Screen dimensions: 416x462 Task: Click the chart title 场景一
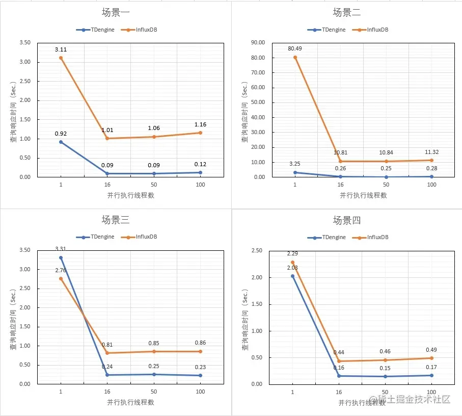coord(115,12)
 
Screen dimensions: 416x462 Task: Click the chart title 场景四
coord(347,220)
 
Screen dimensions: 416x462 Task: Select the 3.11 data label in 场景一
coord(61,49)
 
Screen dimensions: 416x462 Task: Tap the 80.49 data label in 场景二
coord(295,49)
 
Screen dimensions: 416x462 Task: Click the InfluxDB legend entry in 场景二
coord(378,30)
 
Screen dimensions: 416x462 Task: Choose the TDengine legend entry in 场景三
coord(102,237)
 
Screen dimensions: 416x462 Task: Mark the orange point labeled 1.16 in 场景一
coord(200,133)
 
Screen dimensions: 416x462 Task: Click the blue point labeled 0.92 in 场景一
coord(61,142)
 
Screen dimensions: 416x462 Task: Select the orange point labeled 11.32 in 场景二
coord(432,160)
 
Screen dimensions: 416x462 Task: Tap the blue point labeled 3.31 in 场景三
coord(61,257)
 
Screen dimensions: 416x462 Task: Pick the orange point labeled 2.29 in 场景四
coord(292,263)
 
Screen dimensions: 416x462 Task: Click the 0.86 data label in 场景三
coord(200,343)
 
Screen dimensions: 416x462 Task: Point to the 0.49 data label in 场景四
coord(432,350)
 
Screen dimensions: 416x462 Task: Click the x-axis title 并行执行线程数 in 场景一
coord(130,195)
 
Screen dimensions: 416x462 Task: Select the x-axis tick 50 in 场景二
coord(386,185)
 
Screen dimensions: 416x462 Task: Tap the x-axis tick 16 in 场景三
coord(107,392)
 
